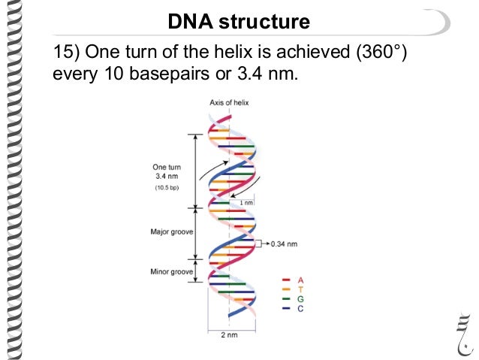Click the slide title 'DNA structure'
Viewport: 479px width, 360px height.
[238, 22]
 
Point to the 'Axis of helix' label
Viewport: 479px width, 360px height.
[229, 101]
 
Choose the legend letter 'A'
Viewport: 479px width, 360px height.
[300, 280]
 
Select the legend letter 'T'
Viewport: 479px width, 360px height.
[300, 289]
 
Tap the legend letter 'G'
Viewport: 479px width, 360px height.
[300, 298]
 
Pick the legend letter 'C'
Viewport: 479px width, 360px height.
[300, 308]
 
